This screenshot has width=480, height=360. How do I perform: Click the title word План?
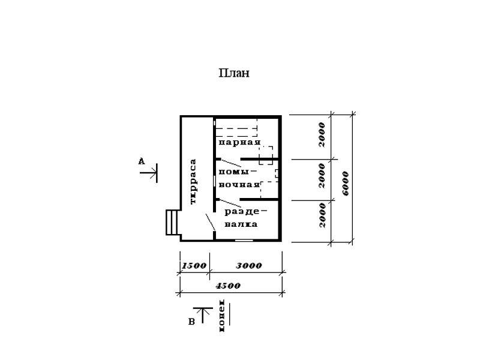(x=234, y=73)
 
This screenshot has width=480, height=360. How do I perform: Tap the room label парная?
(x=239, y=142)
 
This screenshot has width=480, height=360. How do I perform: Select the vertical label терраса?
(x=193, y=182)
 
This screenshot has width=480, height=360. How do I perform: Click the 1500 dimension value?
(x=194, y=265)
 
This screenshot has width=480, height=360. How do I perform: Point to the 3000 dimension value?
(x=249, y=265)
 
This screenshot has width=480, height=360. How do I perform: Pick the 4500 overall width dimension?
(x=228, y=286)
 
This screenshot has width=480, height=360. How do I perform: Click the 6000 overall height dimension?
(x=346, y=184)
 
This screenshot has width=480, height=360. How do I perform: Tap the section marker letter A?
(x=141, y=161)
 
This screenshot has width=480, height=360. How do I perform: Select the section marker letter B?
(x=191, y=322)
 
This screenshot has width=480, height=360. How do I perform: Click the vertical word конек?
(x=221, y=316)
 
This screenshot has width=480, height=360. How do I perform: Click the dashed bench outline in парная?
(x=236, y=128)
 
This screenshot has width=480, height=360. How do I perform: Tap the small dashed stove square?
(x=266, y=155)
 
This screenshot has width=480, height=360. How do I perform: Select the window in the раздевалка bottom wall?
(x=244, y=241)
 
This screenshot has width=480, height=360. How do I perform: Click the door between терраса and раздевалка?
(x=210, y=222)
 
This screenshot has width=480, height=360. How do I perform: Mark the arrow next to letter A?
(x=148, y=173)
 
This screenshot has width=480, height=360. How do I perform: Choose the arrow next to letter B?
(x=203, y=315)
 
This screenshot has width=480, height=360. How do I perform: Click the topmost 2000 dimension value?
(x=322, y=134)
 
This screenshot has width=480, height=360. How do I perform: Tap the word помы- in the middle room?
(x=238, y=172)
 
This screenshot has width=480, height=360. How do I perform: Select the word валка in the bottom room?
(x=241, y=224)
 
